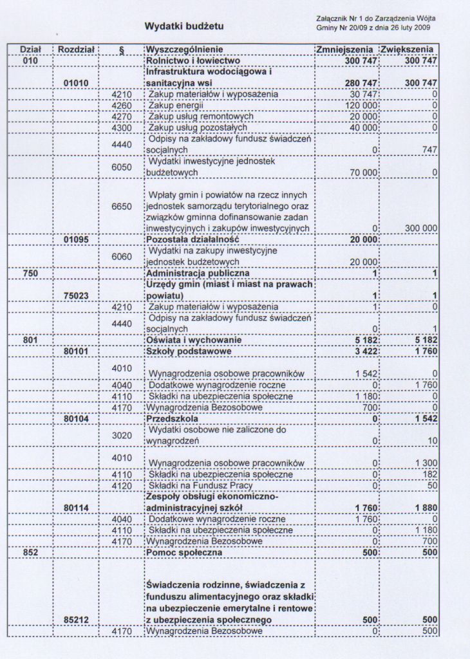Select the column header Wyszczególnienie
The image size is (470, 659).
[x=185, y=49]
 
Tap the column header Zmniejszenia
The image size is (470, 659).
[x=345, y=49]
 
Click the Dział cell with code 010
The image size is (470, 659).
[x=30, y=60]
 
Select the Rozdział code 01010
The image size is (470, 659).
[x=77, y=83]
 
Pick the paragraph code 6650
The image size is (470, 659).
[x=122, y=206]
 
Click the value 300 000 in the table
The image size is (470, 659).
[x=421, y=228]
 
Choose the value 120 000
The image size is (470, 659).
[x=361, y=106]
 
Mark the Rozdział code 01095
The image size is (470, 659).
[x=77, y=239]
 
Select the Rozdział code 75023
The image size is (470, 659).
[x=77, y=295]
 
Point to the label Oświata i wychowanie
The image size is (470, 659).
[x=194, y=340]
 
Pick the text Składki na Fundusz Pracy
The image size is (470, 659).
[x=200, y=485]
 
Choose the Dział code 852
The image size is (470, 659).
[x=30, y=553]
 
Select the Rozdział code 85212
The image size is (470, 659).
[x=77, y=620]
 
